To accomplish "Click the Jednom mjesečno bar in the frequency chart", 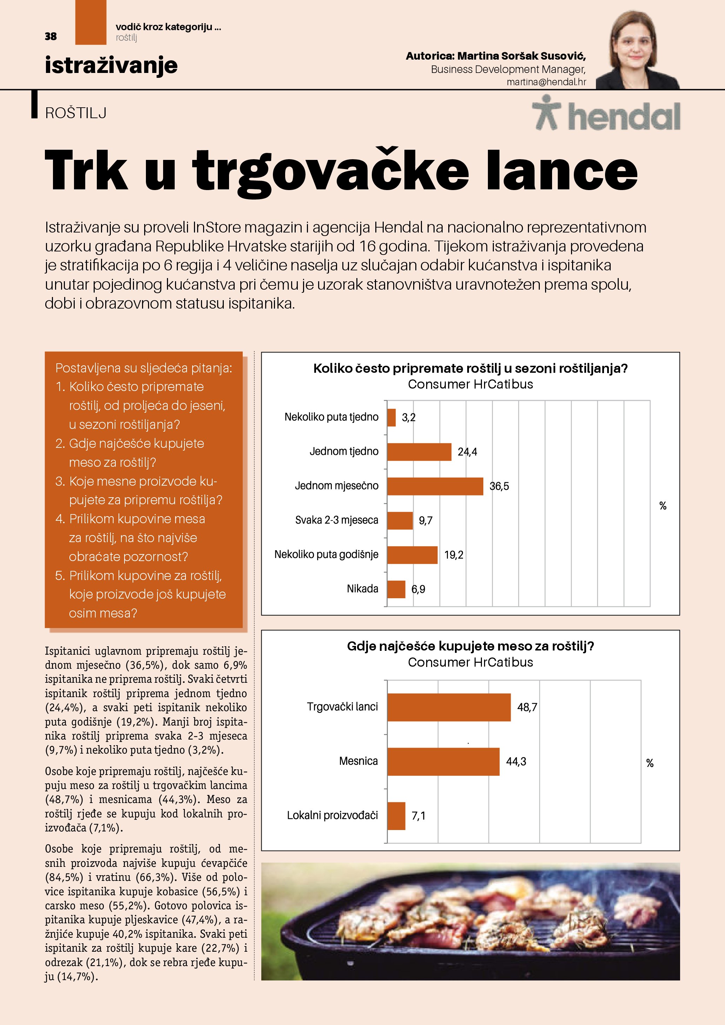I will tap(435, 486).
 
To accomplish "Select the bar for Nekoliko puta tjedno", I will tap(391, 417).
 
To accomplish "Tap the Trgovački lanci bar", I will tap(449, 707).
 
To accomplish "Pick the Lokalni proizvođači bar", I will tap(396, 816).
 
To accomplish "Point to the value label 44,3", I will tap(516, 762).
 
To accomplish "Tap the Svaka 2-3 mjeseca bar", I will tap(400, 520).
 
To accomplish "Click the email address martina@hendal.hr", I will tap(546, 82).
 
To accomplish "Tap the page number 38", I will tap(51, 36).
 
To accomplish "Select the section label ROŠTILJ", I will tap(75, 113).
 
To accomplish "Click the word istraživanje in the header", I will tap(111, 65).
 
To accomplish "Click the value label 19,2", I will tap(454, 555).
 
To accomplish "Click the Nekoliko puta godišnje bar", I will tap(412, 555).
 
